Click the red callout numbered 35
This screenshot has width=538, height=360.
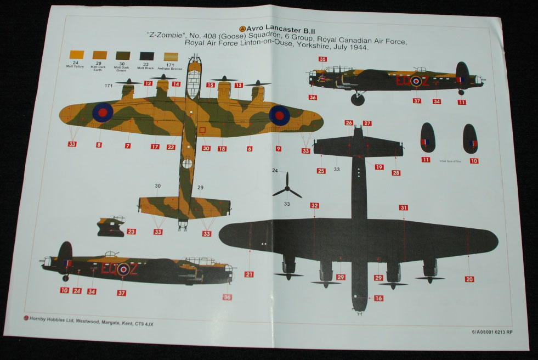322,59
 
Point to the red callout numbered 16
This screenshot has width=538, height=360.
378,299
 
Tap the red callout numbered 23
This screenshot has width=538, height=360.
131,232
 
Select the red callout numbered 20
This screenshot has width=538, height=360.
469,279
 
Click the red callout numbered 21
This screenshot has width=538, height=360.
249,274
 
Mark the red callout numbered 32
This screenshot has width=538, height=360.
314,206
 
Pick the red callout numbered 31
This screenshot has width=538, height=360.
404,208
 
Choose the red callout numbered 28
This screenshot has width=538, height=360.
396,173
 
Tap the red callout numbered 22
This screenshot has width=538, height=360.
171,147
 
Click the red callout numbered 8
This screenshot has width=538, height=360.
99,145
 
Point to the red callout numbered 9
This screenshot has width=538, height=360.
278,148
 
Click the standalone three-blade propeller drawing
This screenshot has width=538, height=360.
287,189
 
